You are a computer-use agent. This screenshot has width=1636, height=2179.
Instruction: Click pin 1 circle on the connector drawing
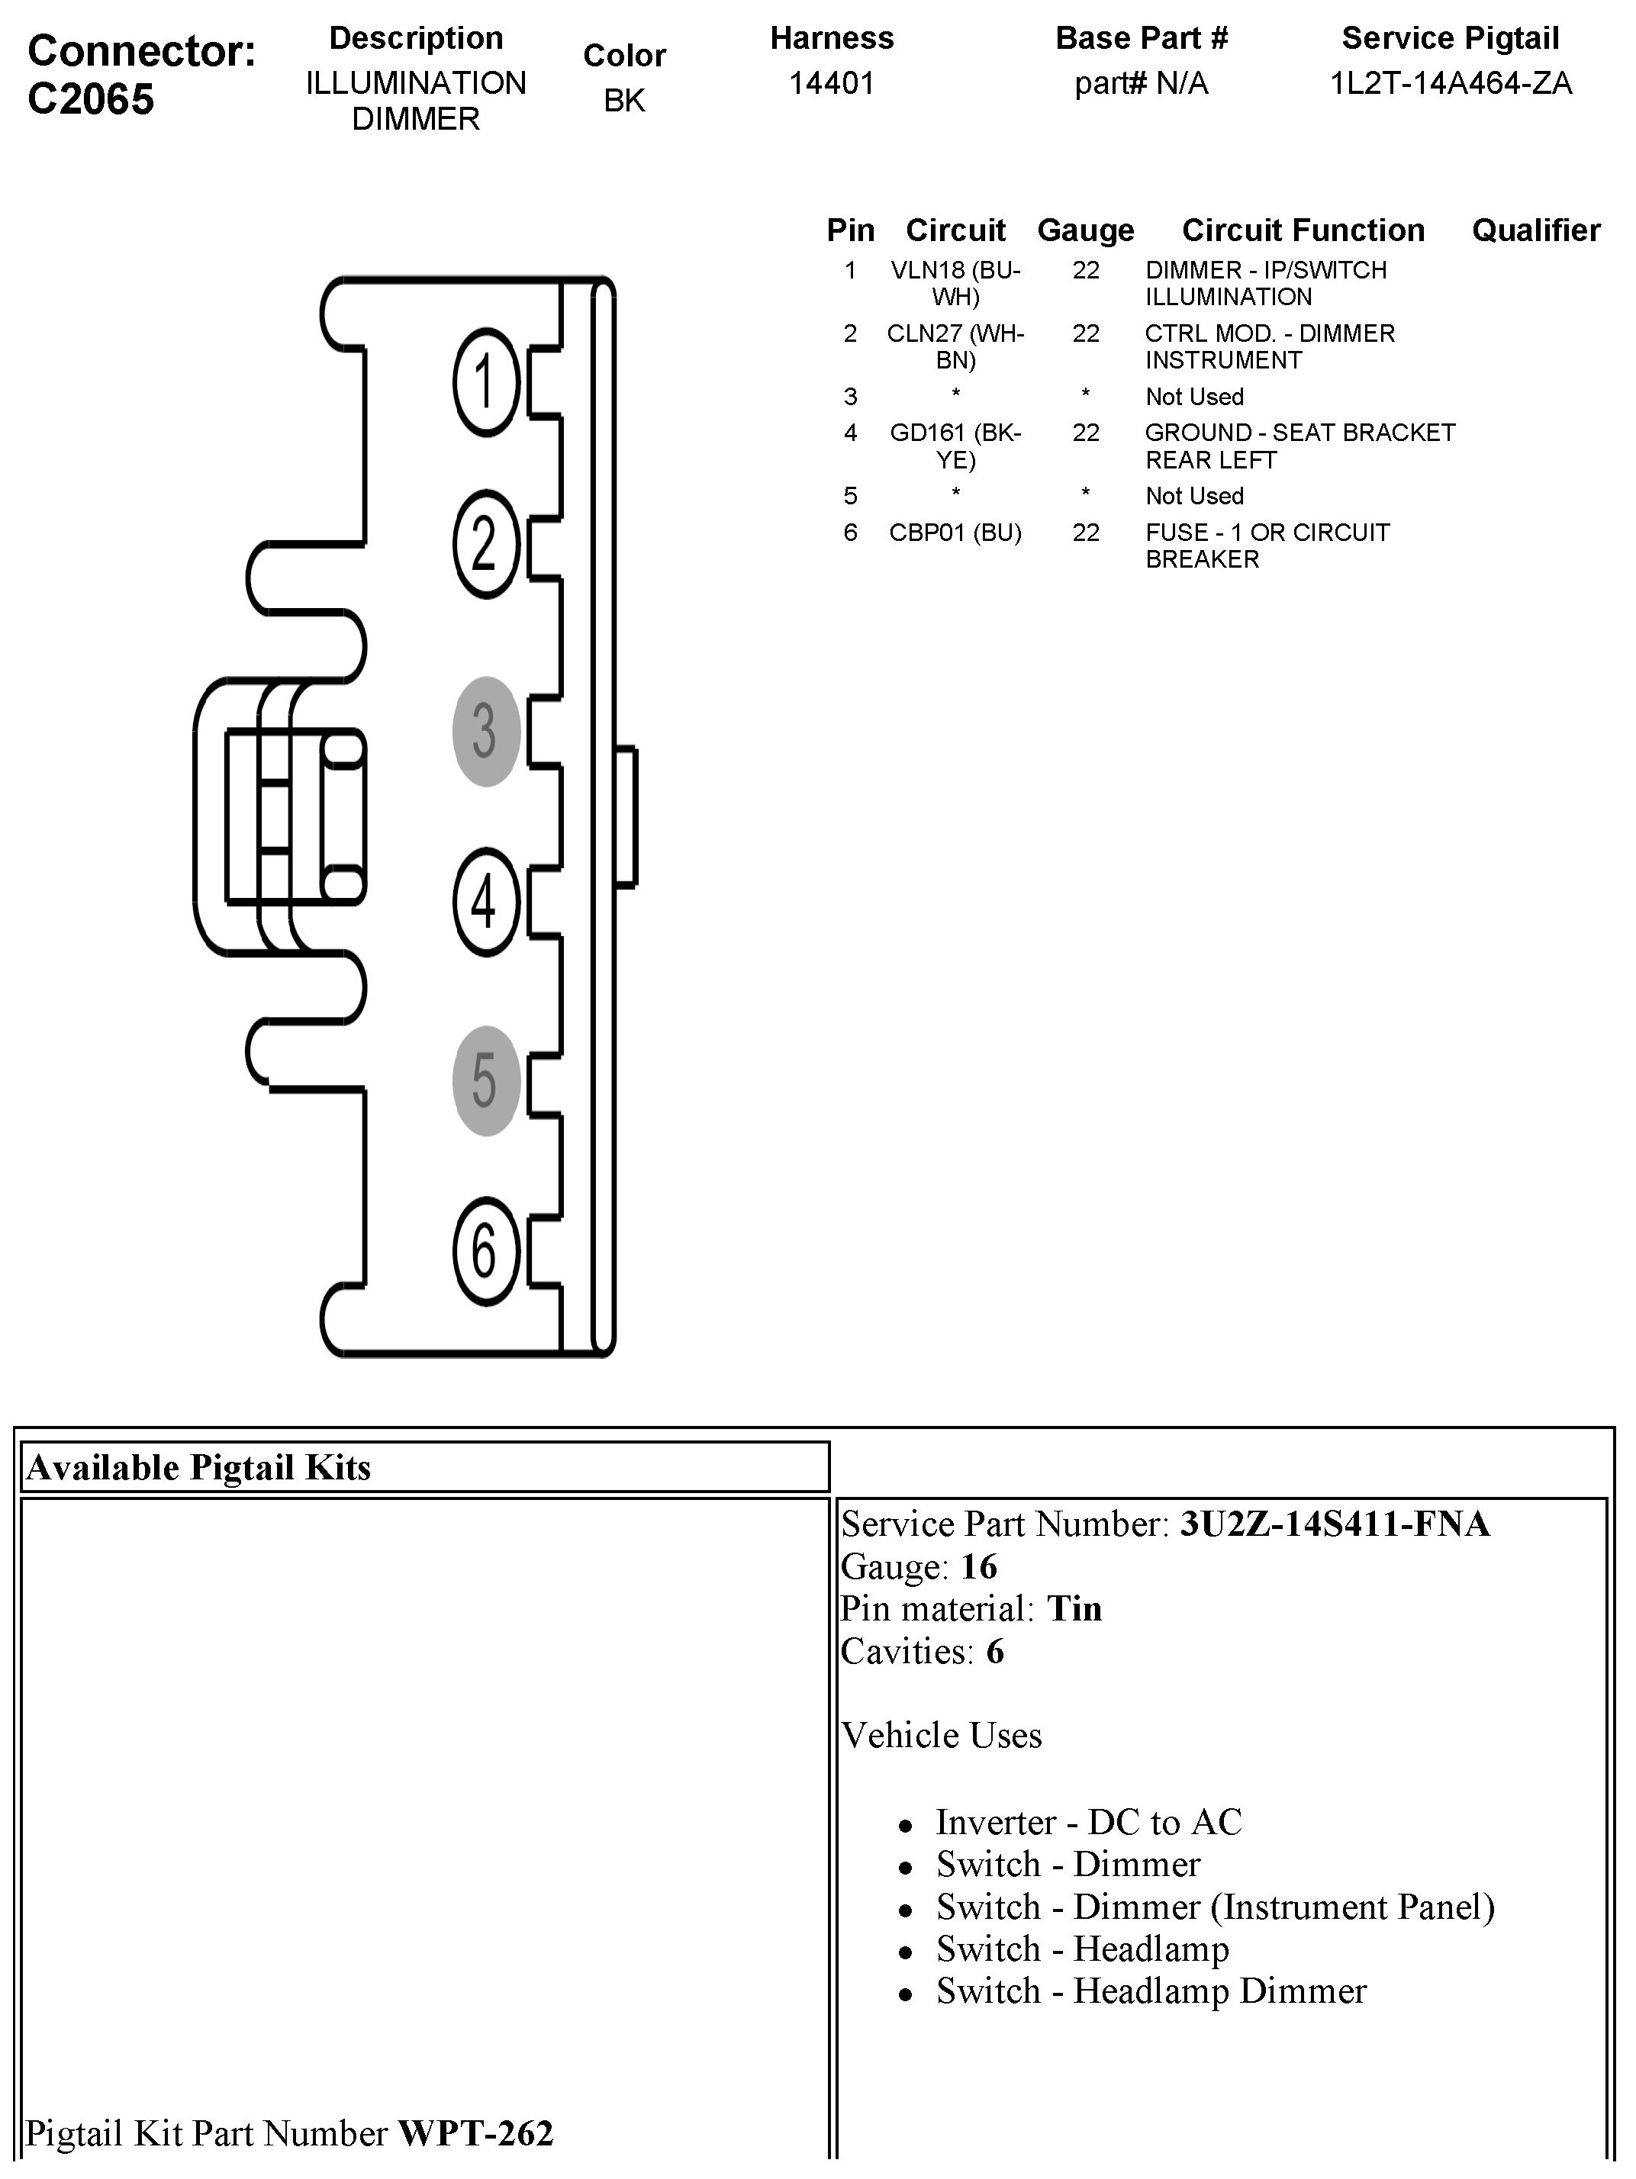[x=485, y=382]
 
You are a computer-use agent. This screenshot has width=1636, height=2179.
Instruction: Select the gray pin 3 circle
[x=485, y=731]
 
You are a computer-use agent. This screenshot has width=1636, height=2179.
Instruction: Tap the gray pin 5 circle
[x=485, y=1080]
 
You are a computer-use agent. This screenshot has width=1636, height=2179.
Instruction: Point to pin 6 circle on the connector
[x=485, y=1251]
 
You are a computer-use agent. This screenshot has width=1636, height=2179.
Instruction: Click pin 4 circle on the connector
[x=485, y=901]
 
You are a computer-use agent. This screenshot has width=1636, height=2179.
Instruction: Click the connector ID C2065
[x=91, y=99]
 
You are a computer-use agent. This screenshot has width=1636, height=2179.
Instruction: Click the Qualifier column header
[x=1535, y=230]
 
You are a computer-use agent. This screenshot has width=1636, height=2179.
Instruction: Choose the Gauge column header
[x=1085, y=230]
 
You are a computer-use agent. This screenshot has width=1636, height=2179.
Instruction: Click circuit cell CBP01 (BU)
[x=955, y=533]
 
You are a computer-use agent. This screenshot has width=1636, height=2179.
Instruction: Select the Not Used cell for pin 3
[x=1193, y=397]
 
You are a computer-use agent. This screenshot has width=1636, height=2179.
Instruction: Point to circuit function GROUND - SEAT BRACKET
[x=1299, y=433]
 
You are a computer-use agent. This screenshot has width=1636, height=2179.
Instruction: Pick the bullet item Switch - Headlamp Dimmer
[x=1151, y=1991]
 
